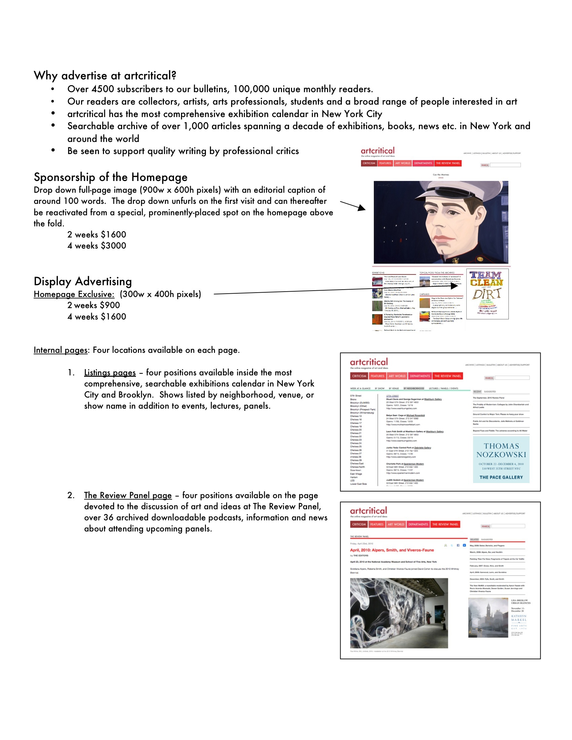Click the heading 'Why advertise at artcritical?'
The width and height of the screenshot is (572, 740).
click(105, 76)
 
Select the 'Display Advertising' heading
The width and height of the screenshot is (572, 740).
click(83, 282)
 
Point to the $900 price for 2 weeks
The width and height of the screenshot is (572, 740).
click(110, 305)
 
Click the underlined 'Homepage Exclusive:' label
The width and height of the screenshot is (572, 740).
click(74, 294)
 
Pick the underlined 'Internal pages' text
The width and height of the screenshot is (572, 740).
click(60, 350)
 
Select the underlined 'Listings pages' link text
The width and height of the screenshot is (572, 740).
click(110, 373)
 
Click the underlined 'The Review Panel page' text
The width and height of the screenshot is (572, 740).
click(128, 495)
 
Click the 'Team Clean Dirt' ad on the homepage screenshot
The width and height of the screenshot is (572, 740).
click(487, 294)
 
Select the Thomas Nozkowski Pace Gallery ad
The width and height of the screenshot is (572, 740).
click(501, 459)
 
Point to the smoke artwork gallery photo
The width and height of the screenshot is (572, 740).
click(399, 613)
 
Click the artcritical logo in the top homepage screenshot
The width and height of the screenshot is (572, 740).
click(378, 151)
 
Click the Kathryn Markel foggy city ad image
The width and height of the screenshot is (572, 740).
click(488, 618)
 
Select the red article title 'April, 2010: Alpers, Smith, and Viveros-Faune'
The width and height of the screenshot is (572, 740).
click(392, 550)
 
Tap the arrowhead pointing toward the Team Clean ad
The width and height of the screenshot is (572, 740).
click(455, 286)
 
